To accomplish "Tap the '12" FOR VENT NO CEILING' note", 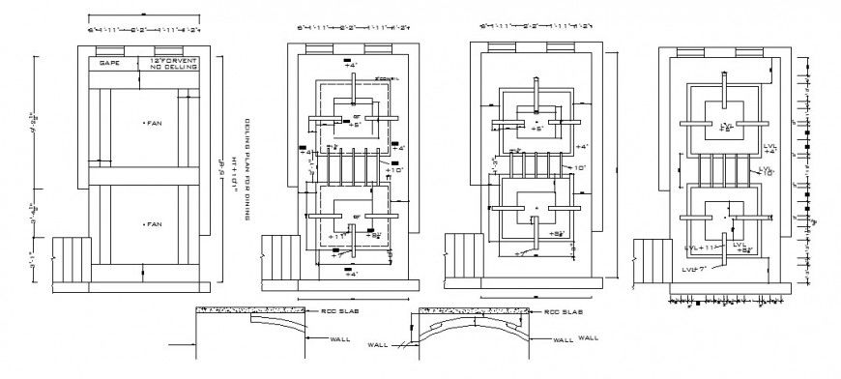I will tap(174, 64).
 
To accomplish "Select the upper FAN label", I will tap(153, 123).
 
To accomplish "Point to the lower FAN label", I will tap(153, 223).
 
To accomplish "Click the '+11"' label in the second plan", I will tap(336, 235).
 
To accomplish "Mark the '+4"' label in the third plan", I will tap(581, 147).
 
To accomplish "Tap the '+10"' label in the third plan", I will tap(581, 167).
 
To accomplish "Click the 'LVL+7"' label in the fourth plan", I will tap(697, 267).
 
